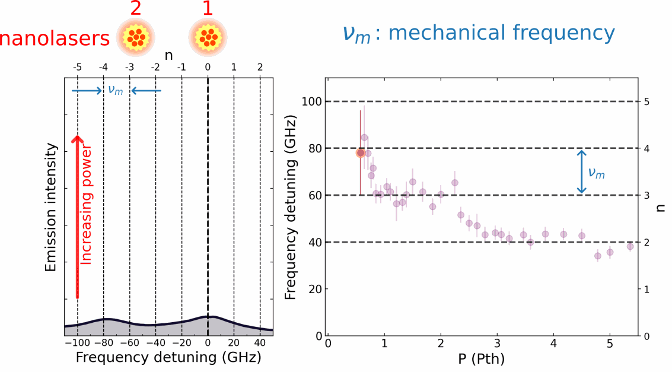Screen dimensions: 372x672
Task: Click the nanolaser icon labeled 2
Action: tap(135, 36)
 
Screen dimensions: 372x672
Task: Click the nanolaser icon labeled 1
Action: tap(208, 36)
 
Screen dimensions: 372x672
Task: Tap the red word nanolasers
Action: tap(55, 39)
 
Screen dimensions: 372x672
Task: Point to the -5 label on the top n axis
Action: tap(77, 68)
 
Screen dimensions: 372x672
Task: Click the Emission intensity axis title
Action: tap(51, 208)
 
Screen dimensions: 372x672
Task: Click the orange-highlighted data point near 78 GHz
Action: tap(360, 152)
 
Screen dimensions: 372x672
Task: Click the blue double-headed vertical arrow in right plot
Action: tap(582, 171)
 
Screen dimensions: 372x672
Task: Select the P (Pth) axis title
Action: tap(482, 360)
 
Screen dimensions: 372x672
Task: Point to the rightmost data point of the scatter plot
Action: tap(630, 246)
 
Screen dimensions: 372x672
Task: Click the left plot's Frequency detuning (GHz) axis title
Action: tap(168, 359)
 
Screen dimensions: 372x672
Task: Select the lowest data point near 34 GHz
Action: tap(597, 256)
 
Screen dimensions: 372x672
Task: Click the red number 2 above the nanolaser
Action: tap(135, 8)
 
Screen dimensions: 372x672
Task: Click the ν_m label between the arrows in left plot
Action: tap(116, 91)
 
